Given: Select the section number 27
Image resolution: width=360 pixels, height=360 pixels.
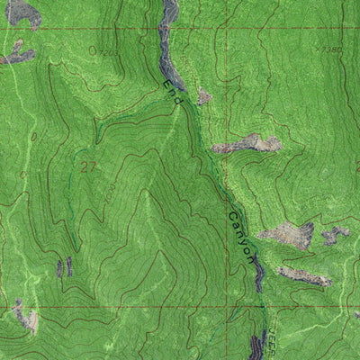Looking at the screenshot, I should (87, 166).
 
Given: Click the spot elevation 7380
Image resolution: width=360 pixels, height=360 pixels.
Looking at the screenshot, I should (330, 51).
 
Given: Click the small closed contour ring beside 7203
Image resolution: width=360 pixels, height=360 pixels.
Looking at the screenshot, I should (92, 51).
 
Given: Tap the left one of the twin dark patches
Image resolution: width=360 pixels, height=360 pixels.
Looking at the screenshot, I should (60, 267).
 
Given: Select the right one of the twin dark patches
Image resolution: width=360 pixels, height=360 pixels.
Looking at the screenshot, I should (69, 265).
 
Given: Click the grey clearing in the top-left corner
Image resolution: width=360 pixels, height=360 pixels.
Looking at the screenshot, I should (22, 12).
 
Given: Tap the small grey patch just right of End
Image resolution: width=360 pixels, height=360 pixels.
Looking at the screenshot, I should (204, 95).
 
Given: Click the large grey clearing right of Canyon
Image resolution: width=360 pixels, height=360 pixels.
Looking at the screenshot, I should (290, 236).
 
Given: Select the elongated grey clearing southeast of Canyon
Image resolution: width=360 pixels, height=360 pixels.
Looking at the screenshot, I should (303, 275).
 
